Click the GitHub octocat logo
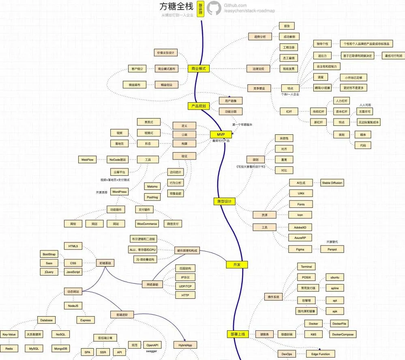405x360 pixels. click(214, 8)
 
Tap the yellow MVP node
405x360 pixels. click(221, 135)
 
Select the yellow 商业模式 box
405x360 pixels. click(198, 69)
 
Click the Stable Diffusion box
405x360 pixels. click(332, 183)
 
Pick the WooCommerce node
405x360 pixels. click(147, 224)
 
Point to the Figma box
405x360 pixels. click(300, 249)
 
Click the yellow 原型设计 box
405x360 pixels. click(224, 201)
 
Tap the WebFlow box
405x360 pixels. click(88, 160)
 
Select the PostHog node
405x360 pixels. click(152, 197)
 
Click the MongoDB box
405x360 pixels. click(61, 349)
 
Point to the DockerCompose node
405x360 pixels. click(342, 334)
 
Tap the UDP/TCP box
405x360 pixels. click(185, 286)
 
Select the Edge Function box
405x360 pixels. click(320, 354)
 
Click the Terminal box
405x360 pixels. click(306, 267)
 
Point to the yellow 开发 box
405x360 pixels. click(237, 265)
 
